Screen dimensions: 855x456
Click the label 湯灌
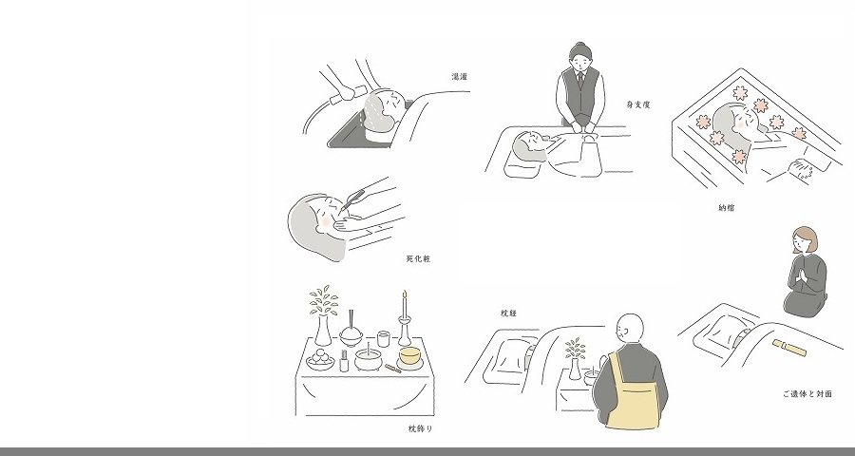coord(460,77)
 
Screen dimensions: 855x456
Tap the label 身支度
coord(638,104)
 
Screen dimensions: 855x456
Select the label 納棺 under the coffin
coord(727,208)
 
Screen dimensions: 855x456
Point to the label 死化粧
coord(418,259)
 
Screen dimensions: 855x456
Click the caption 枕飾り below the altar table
coord(421,428)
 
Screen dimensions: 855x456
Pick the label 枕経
coord(508,313)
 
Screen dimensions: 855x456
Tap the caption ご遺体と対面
coord(807,394)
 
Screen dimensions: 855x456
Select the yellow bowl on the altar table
coord(410,355)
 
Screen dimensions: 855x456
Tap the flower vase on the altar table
coord(323,330)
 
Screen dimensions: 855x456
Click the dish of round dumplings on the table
coord(320,359)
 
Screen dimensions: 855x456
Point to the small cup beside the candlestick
coord(384,339)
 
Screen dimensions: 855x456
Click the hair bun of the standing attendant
coord(580,45)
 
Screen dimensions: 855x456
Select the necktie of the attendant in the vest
coord(581,80)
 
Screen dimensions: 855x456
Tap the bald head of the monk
coord(630,329)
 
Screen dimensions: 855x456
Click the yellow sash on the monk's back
coord(632,398)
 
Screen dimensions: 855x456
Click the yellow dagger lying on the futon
coord(789,347)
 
